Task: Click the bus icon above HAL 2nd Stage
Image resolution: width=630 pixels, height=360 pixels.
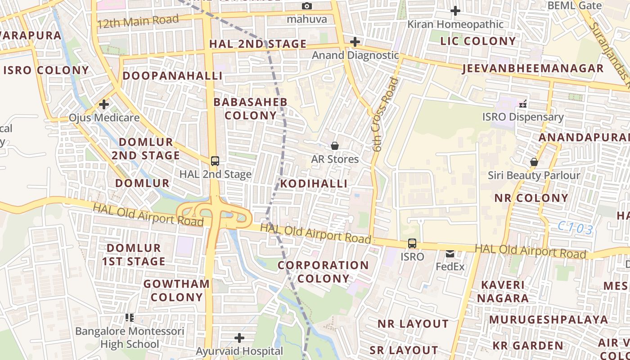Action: point(215,161)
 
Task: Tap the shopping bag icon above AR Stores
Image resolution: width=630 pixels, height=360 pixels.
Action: point(335,146)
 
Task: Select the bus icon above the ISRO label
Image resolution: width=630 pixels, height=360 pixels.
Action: point(412,243)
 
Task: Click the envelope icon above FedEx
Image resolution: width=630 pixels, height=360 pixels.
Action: point(450,254)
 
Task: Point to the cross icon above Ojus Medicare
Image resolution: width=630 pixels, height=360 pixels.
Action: point(104,105)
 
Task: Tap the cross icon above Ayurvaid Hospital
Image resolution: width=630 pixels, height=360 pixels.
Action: point(239,337)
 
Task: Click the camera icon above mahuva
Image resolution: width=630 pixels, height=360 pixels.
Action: point(307,6)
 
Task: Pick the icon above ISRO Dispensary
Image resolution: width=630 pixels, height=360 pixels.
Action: point(523,104)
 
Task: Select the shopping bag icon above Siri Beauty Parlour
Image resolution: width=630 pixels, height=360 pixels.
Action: point(534,162)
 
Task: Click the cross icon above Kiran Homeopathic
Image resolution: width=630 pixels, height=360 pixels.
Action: point(455,11)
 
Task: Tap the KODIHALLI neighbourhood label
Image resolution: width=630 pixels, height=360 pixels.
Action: point(314,184)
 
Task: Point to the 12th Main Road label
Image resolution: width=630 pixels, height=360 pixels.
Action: point(138,22)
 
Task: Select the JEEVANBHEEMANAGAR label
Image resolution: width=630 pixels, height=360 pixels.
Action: point(533,68)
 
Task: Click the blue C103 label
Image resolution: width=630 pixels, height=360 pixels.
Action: point(575,228)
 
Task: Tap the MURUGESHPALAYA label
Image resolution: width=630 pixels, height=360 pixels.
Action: point(549,319)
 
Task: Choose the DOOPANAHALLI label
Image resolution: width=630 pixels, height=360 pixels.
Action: point(173,76)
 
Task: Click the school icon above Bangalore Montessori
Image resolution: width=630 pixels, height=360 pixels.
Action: point(130,318)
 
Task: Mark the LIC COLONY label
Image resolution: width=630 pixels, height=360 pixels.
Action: point(478,41)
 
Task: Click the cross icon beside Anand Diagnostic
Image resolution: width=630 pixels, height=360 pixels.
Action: point(355,42)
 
